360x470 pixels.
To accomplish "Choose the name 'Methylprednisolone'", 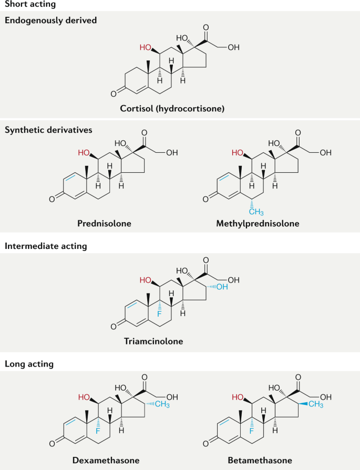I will [258, 223].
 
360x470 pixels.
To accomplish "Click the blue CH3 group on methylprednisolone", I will [256, 211].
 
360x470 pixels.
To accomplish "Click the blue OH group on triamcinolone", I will [222, 286].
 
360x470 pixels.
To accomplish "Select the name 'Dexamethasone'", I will [106, 460].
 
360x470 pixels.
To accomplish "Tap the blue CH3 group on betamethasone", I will [315, 403].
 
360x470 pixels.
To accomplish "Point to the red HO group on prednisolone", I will [84, 153].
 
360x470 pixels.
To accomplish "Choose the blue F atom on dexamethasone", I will [97, 431].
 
